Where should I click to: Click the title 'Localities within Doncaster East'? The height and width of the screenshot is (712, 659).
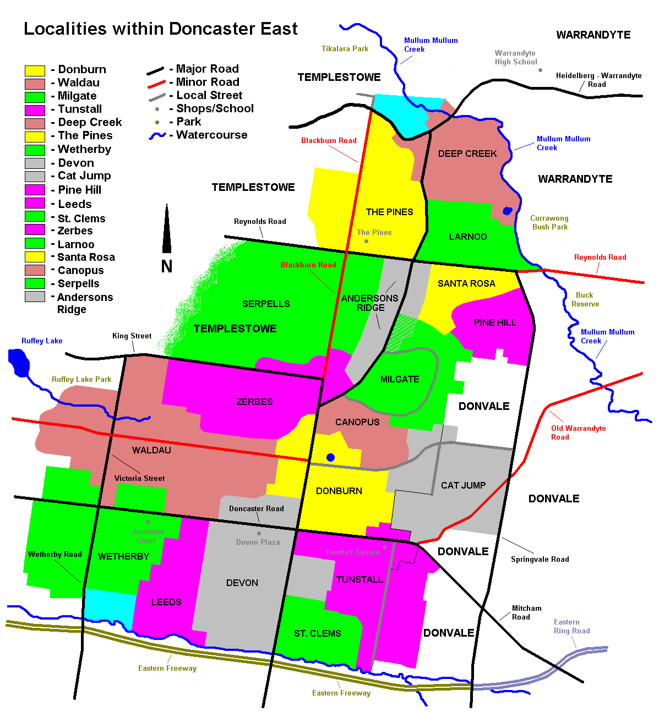click(160, 29)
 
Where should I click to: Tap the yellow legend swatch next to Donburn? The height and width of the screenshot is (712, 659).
click(35, 70)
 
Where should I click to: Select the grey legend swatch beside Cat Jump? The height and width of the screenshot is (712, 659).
click(35, 177)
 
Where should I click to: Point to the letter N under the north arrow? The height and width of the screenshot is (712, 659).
click(167, 266)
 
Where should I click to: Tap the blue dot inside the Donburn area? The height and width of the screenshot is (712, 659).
click(330, 457)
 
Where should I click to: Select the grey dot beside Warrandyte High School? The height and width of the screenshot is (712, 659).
click(540, 70)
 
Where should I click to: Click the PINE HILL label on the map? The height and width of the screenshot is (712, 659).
click(495, 322)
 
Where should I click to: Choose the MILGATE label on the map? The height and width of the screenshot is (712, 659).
click(400, 379)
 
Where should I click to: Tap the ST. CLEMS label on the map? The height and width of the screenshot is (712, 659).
click(317, 633)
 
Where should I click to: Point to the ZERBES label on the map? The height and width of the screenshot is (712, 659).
click(254, 402)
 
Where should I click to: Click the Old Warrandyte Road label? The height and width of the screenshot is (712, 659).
click(578, 432)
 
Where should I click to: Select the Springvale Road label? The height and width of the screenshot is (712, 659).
click(540, 559)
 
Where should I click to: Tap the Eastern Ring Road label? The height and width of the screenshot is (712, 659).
click(571, 626)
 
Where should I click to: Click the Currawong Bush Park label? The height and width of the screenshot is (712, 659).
click(549, 222)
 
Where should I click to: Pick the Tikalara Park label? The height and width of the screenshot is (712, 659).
click(345, 48)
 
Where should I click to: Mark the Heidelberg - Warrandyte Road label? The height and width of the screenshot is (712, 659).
click(598, 80)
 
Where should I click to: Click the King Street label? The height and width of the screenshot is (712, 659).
click(132, 336)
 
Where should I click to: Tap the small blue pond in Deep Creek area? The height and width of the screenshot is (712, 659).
click(507, 211)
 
